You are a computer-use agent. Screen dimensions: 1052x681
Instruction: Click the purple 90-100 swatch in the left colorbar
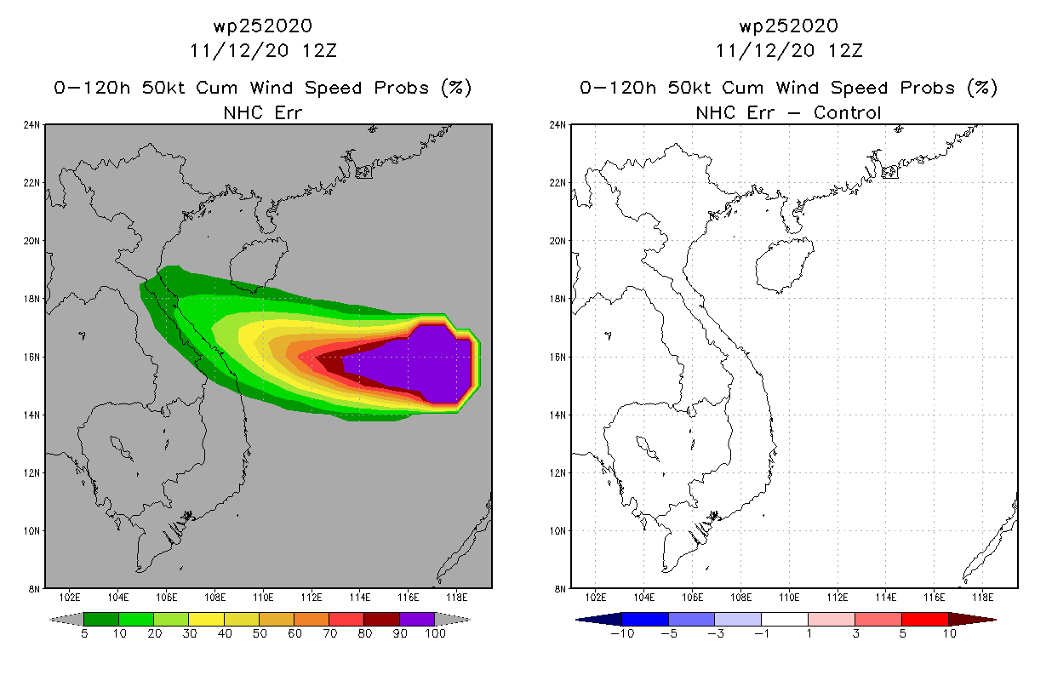tap(417, 619)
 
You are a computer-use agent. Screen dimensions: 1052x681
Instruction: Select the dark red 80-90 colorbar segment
tap(382, 619)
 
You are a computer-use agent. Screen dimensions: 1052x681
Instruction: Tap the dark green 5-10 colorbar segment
tap(101, 619)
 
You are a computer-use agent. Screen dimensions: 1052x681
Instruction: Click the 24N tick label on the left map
tap(32, 125)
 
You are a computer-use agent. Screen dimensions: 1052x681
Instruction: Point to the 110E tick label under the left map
tap(263, 598)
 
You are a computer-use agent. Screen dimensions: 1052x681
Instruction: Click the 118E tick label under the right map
tap(982, 598)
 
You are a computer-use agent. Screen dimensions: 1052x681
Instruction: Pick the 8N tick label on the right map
tap(560, 589)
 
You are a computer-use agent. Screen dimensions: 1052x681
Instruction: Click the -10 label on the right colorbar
tap(622, 633)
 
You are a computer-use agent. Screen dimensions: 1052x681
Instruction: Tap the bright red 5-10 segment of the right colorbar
tap(925, 619)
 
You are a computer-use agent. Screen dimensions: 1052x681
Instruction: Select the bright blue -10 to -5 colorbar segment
tap(645, 619)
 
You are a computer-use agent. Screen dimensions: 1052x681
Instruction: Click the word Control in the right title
tap(847, 112)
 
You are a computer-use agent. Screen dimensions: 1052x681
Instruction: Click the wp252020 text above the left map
tap(263, 26)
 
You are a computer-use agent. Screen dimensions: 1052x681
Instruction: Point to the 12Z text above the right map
tap(845, 51)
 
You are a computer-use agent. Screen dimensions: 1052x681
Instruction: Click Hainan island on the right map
tap(783, 264)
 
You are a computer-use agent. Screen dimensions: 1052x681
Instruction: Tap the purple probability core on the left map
tap(414, 364)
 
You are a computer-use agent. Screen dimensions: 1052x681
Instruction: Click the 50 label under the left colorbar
tap(260, 633)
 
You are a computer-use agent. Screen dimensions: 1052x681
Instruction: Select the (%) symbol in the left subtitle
tap(456, 88)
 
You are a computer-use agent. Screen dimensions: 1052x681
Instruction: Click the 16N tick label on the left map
tap(32, 357)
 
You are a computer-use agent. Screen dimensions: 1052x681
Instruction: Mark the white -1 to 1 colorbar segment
tap(785, 619)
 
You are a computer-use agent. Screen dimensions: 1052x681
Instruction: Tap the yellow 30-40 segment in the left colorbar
tap(207, 619)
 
